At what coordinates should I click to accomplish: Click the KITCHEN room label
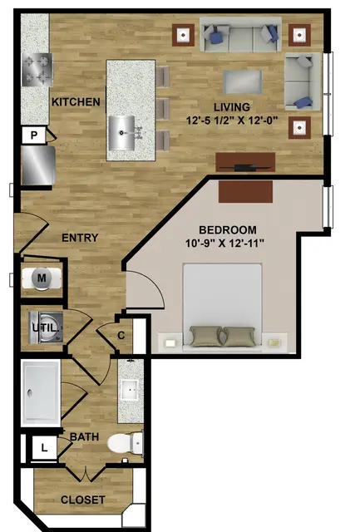tap(76, 101)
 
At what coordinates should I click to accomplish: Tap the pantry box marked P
tap(33, 135)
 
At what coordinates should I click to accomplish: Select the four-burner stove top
tap(37, 70)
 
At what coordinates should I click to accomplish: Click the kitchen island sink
tap(123, 133)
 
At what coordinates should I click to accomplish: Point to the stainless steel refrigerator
tap(38, 165)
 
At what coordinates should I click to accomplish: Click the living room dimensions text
tap(232, 120)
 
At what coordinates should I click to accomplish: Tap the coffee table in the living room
tap(243, 82)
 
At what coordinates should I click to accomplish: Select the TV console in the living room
tap(245, 162)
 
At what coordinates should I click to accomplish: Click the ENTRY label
tap(80, 238)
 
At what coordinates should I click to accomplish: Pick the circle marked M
tap(42, 278)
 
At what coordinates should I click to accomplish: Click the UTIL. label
tap(46, 328)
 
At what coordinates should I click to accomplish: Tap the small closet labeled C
tap(121, 335)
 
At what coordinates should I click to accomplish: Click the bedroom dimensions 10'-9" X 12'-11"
tap(225, 244)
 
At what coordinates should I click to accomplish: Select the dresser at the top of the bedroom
tap(245, 192)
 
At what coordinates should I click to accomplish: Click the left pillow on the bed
tap(205, 336)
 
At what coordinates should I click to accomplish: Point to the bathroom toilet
tap(126, 442)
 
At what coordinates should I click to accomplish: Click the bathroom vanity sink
tap(130, 391)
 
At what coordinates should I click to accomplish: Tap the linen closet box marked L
tap(44, 448)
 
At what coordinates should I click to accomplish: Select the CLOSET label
tap(83, 500)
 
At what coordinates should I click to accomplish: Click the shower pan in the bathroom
tap(41, 393)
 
